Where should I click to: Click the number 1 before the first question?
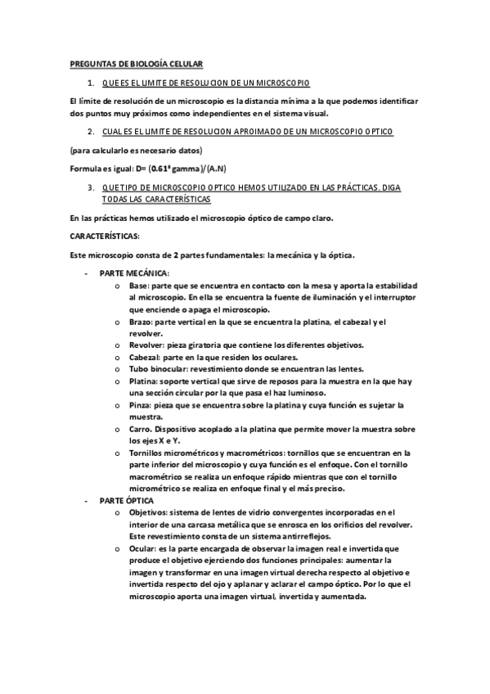(89, 83)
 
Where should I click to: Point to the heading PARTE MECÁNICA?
(134, 272)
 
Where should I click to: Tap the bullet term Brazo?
(141, 322)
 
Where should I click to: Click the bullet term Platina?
(146, 381)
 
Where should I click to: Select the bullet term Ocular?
(144, 549)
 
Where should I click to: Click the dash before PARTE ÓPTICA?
(85, 500)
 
